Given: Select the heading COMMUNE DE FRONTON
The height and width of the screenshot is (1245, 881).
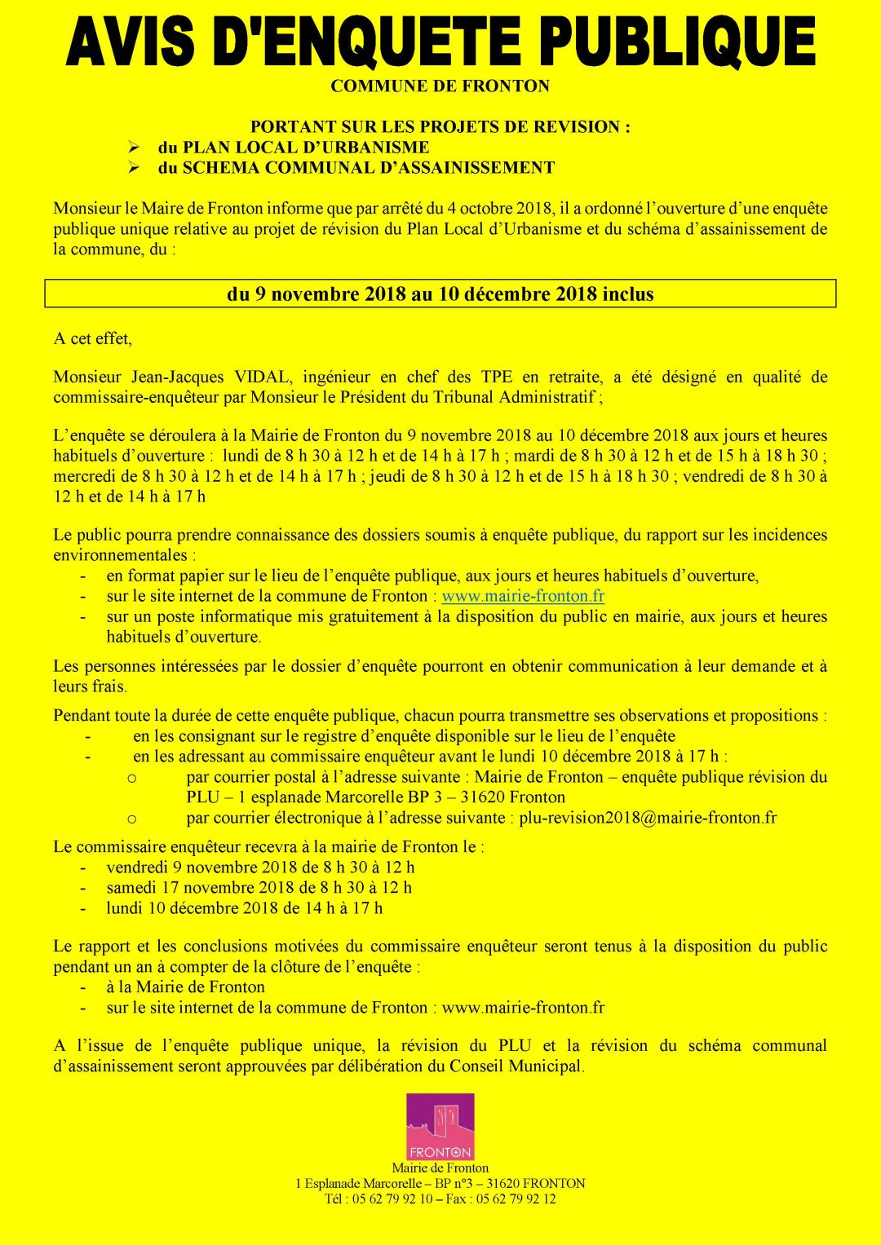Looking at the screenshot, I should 440,86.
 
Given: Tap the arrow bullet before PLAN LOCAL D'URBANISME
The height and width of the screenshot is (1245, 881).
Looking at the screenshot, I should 135,148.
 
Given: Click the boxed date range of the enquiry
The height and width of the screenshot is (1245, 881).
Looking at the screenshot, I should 440,294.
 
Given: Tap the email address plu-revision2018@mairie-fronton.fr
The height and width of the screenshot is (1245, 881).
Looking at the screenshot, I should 648,818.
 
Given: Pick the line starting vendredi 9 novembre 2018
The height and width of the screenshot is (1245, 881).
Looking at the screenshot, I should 260,868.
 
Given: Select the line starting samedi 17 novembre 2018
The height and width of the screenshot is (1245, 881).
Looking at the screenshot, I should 259,888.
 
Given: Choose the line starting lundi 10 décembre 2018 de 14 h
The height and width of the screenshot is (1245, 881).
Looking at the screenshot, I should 244,908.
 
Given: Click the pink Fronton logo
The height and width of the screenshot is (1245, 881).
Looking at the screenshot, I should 440,1127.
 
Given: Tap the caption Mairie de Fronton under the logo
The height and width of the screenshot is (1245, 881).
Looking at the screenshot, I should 440,1168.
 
